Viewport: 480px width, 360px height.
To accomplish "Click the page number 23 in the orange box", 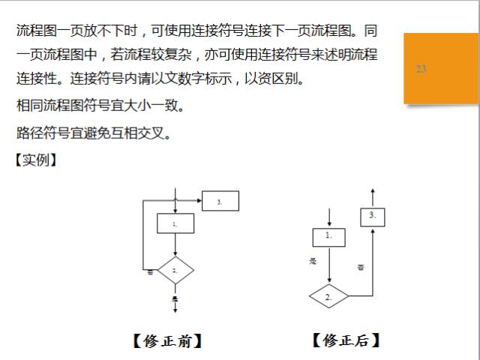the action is click(x=421, y=69).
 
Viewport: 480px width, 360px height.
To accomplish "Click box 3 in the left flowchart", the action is click(x=220, y=201).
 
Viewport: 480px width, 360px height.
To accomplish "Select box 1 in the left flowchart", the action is click(x=175, y=223).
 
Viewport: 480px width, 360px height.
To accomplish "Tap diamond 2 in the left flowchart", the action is click(x=175, y=269).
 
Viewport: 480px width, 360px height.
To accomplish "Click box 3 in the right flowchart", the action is click(x=373, y=217).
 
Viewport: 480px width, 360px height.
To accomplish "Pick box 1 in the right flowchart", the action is click(x=328, y=236).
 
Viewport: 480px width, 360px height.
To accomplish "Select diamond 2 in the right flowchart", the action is click(x=328, y=296).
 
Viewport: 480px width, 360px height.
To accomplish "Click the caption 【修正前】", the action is click(x=166, y=341).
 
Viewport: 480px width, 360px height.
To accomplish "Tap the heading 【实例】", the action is click(x=36, y=160).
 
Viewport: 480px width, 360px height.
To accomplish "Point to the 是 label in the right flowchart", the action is click(x=313, y=261).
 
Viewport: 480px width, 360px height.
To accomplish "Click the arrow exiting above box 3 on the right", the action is click(x=373, y=196).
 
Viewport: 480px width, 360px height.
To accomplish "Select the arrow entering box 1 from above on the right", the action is click(x=328, y=218).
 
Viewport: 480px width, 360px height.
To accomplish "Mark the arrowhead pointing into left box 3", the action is click(x=199, y=201).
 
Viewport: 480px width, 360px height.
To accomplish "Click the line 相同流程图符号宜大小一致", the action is click(x=100, y=105).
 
